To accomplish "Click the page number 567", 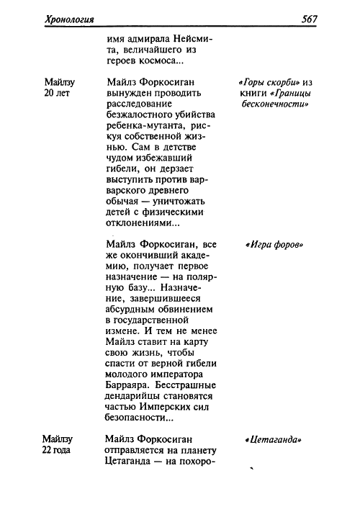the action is point(309,19).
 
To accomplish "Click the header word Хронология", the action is point(70,19).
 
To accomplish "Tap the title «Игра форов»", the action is point(274,245).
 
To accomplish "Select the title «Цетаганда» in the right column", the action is point(274,439).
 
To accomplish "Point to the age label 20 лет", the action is point(57,94).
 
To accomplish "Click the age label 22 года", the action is point(56,450).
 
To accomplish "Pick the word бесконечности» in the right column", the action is point(275,104).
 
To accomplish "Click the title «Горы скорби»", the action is point(266,82).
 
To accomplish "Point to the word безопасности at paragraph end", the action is point(135,418).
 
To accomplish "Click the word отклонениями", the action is point(138,223).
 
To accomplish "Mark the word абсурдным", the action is point(130,310).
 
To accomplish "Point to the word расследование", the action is point(139,104).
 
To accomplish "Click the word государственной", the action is point(147,320).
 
